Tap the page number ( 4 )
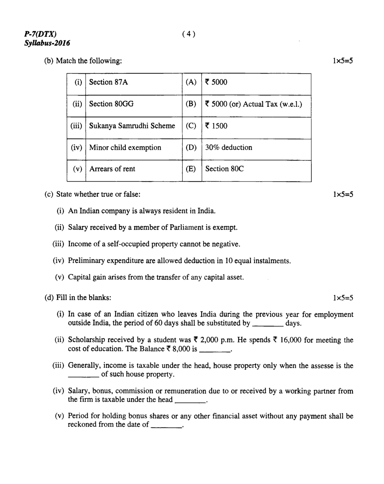(188, 34)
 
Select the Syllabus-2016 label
(47, 43)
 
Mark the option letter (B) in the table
(191, 104)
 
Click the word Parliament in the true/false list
(178, 228)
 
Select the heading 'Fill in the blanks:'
(84, 298)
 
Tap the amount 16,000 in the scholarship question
(290, 340)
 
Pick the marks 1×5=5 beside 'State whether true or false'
(343, 194)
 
